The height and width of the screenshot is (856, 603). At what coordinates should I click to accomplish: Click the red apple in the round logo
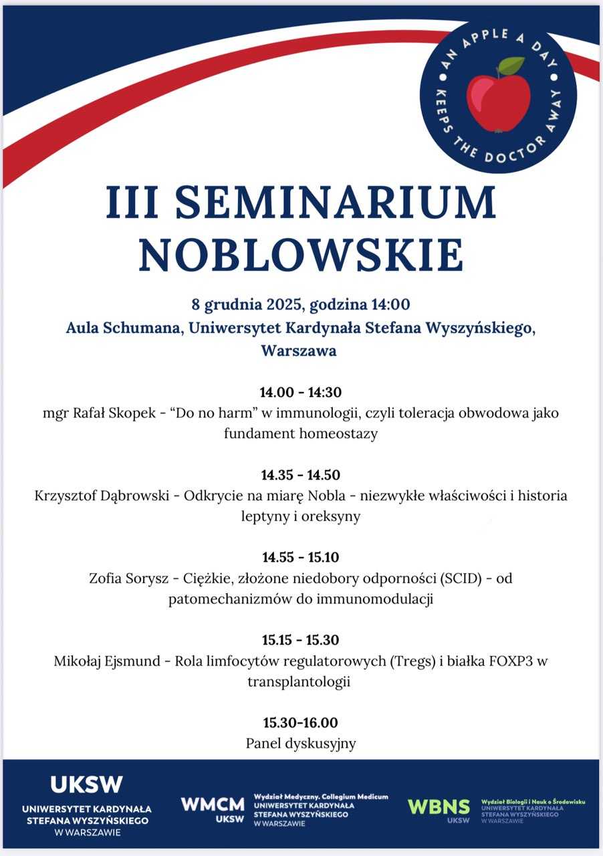(x=498, y=102)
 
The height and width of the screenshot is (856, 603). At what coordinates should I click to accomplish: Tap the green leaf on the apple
(x=511, y=66)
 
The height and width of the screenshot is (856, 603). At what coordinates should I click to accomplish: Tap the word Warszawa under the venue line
(x=299, y=350)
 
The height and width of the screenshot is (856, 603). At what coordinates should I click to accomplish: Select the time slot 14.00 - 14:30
(x=301, y=392)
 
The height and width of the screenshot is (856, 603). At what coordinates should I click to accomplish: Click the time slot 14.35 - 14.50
(x=301, y=475)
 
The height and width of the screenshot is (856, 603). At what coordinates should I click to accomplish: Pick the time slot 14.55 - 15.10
(x=301, y=557)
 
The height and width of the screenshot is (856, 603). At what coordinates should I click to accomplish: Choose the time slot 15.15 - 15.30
(x=301, y=640)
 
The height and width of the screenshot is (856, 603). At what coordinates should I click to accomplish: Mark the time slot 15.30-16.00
(x=301, y=722)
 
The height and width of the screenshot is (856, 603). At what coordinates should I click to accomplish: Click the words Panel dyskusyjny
(x=301, y=744)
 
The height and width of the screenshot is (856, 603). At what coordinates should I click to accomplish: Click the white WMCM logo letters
(x=213, y=805)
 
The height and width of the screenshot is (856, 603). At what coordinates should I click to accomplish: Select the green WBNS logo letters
(x=439, y=806)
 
